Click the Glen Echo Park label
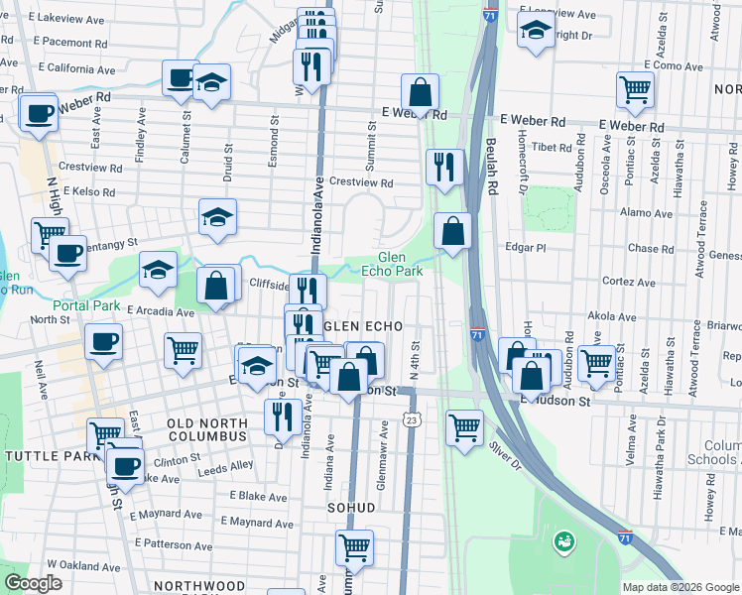[400, 263]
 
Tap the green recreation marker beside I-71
[564, 541]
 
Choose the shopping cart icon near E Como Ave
[634, 89]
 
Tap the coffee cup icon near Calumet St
[181, 78]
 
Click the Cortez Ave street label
[629, 282]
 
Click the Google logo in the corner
[33, 582]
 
